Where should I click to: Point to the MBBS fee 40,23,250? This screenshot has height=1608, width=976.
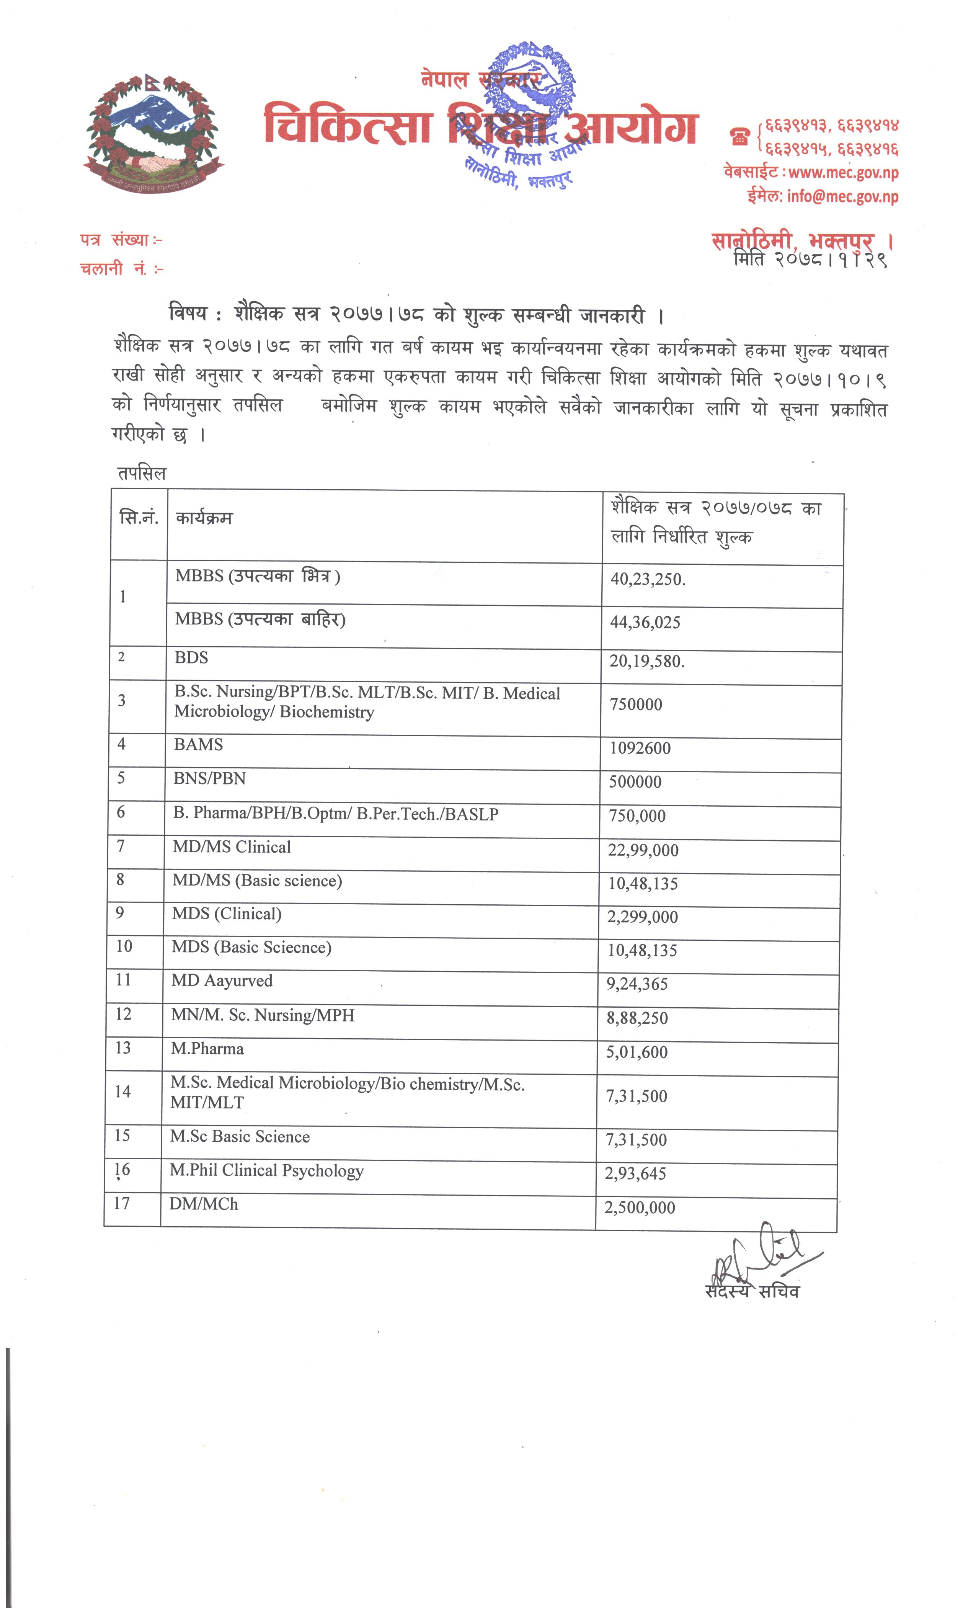647,579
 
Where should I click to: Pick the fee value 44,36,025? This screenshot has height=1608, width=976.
645,622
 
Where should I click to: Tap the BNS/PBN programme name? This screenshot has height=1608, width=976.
209,779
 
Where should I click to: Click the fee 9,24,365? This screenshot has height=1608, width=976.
637,984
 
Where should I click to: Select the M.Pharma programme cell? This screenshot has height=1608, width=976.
207,1048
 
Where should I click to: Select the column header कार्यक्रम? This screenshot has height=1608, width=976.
204,518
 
